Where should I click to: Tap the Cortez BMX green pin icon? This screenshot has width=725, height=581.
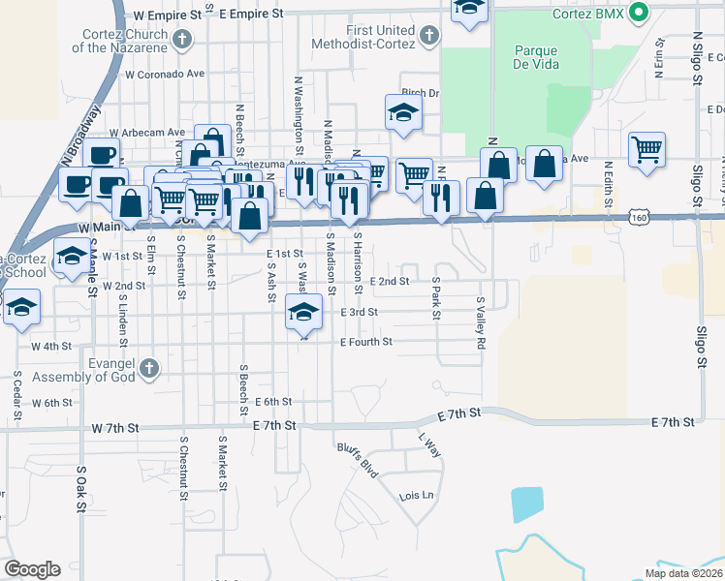coord(638,13)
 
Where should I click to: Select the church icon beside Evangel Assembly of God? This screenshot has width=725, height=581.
coord(147,368)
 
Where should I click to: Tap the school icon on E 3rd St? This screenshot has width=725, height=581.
coord(303,313)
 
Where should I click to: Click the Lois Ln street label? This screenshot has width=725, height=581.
coord(418,496)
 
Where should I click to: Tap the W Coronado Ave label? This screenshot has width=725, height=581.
coord(165,74)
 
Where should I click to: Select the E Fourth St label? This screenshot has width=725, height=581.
coord(365,342)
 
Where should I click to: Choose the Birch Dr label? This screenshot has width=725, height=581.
coord(421,93)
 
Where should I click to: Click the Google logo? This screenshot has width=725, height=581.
coord(32,569)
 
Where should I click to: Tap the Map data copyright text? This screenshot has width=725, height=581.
coord(683,573)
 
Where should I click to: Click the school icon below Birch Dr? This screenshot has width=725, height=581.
coord(402,114)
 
